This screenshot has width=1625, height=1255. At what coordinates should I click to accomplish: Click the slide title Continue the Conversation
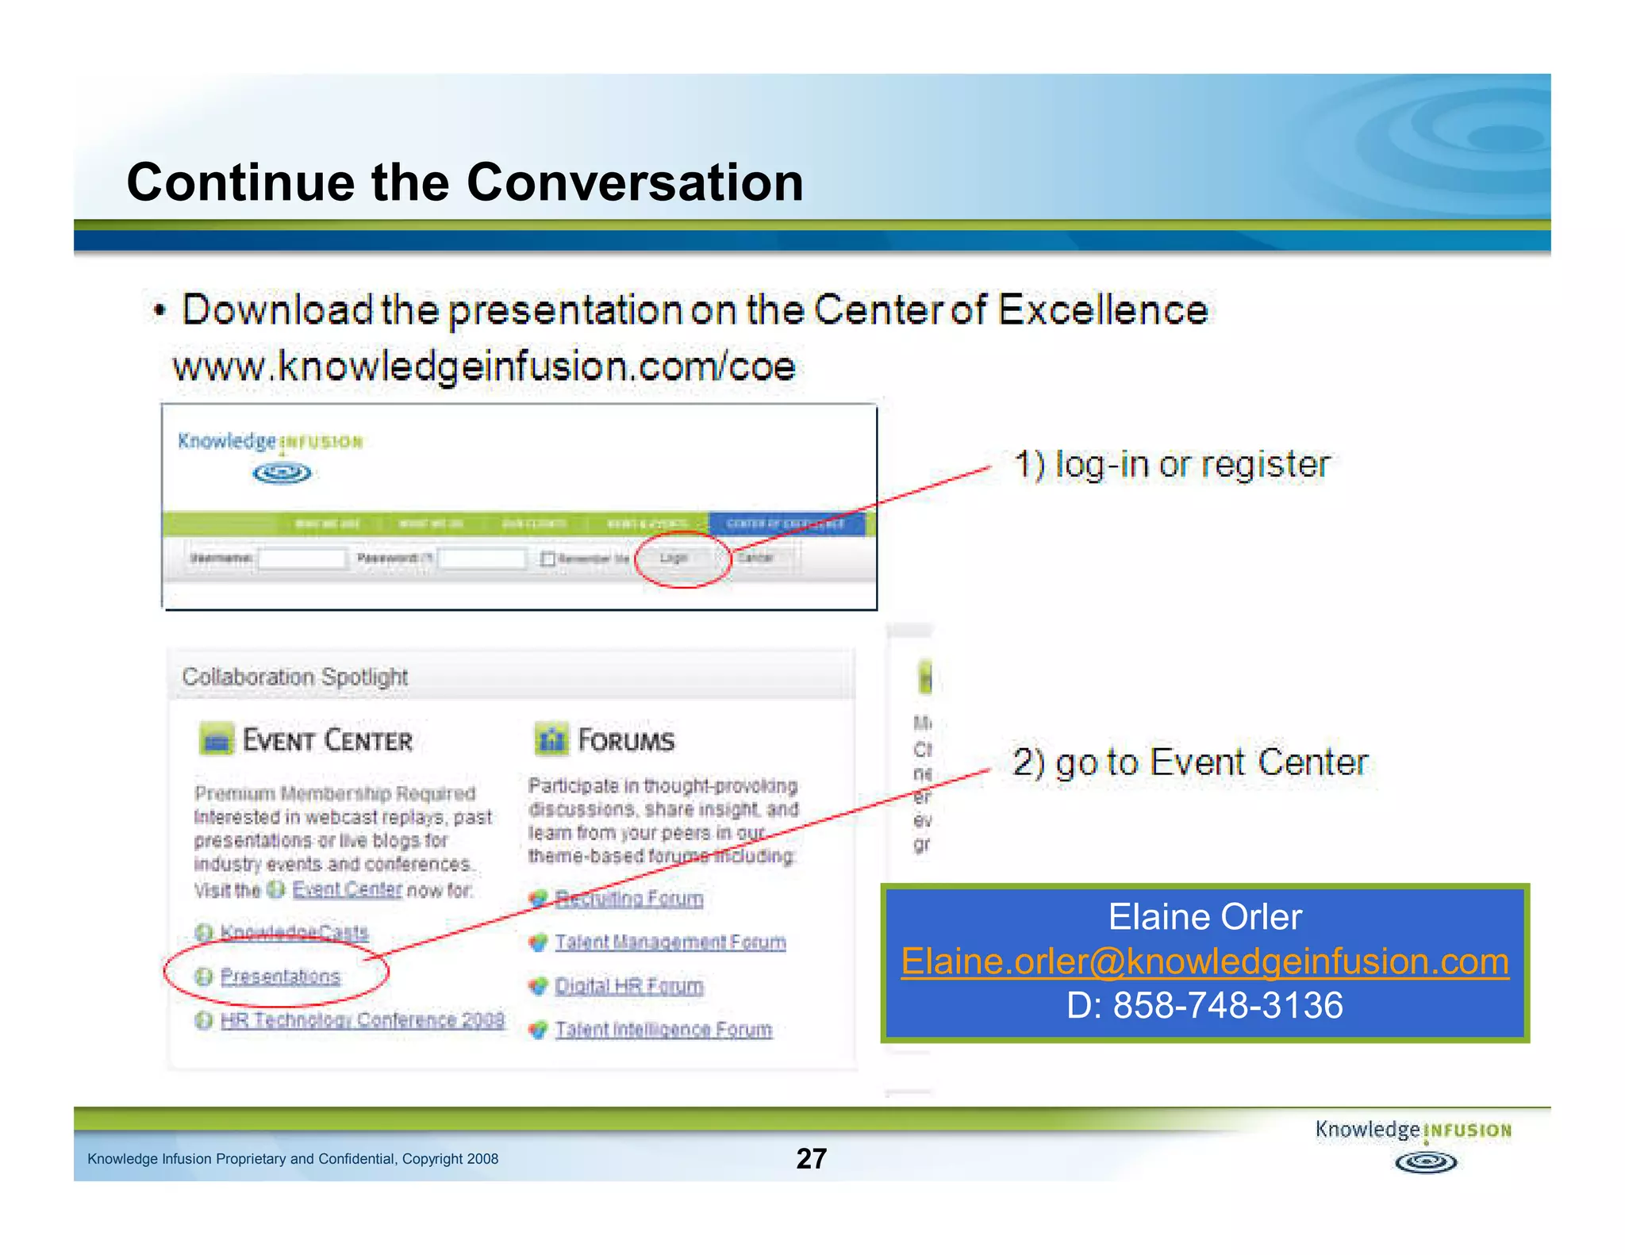[x=465, y=182]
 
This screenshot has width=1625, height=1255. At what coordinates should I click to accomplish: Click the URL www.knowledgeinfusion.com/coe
[x=484, y=367]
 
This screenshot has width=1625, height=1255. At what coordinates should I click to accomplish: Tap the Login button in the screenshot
[x=674, y=558]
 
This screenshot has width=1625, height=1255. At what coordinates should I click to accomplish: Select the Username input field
[x=302, y=558]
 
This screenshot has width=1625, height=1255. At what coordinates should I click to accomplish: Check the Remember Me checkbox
[x=547, y=558]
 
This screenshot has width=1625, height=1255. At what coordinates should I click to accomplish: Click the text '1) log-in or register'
[x=1171, y=464]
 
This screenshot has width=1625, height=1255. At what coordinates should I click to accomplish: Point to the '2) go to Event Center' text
[x=1190, y=762]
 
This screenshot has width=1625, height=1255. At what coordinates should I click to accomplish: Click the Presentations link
[x=280, y=977]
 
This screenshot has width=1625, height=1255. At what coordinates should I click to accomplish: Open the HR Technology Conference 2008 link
[x=362, y=1020]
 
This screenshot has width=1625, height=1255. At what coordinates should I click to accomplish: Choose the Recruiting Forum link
[x=628, y=898]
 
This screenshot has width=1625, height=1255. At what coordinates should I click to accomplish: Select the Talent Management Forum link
[x=670, y=942]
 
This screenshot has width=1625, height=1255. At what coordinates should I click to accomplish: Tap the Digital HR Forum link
[x=628, y=986]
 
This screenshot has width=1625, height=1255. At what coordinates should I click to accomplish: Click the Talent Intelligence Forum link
[x=663, y=1030]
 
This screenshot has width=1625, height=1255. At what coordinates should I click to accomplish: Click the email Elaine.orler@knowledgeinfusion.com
[x=1204, y=961]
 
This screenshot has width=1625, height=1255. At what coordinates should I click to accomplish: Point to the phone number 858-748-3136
[x=1227, y=1005]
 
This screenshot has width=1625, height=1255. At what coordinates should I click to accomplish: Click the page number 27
[x=811, y=1158]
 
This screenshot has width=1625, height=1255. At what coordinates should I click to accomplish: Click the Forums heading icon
[x=551, y=739]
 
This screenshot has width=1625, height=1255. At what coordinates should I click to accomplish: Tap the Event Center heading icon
[x=217, y=739]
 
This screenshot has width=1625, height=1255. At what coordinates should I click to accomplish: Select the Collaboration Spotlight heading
[x=295, y=677]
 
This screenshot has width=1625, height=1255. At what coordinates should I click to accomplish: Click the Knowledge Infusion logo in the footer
[x=1414, y=1145]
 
